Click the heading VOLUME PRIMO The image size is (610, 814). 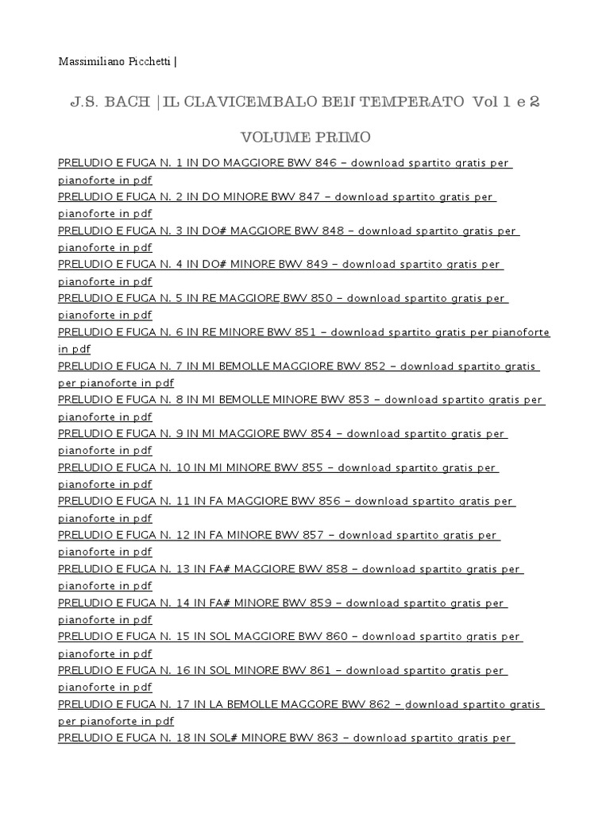point(304,137)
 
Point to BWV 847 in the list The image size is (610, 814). point(302,197)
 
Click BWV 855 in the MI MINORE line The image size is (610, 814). point(303,467)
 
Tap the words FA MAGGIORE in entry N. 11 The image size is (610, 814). point(252,502)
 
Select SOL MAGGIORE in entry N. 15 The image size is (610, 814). point(257,637)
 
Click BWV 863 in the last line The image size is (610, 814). point(314,738)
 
